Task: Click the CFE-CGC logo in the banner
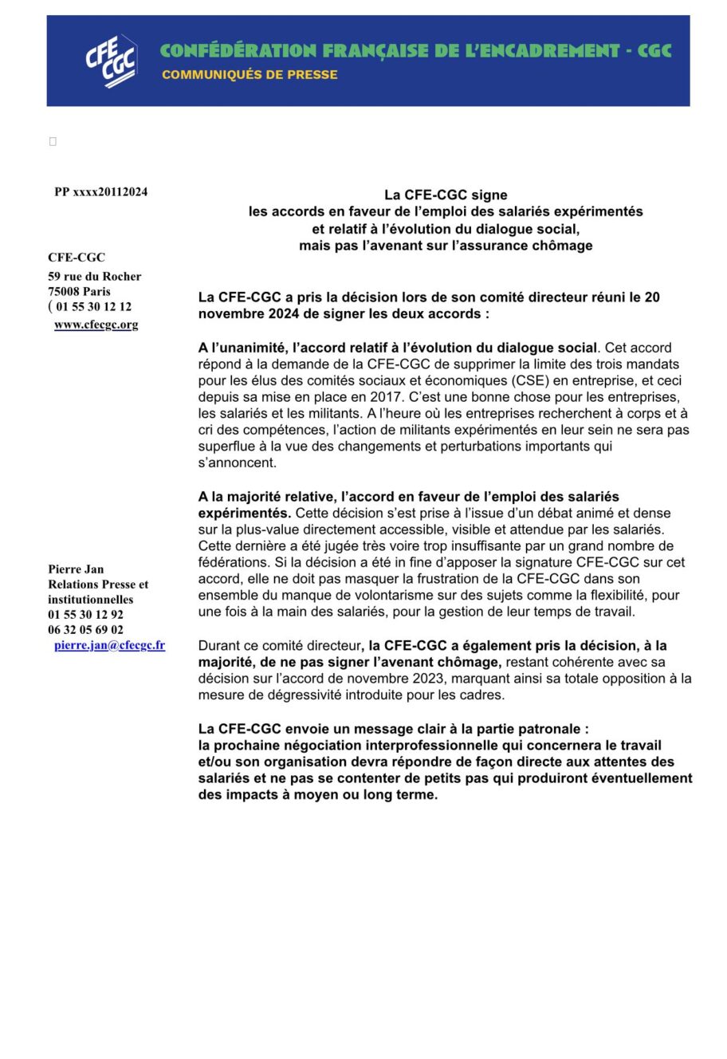(112, 61)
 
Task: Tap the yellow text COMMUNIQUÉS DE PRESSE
(250, 75)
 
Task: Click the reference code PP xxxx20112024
(100, 192)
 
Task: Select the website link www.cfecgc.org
(96, 325)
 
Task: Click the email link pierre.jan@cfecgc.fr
(110, 645)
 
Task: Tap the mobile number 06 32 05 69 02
(85, 630)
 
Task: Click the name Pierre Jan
(76, 569)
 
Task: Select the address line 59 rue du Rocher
(94, 277)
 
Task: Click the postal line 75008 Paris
(79, 292)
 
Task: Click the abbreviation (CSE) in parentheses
(519, 380)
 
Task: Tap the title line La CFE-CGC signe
(446, 195)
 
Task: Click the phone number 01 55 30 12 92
(85, 615)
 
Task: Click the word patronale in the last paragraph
(548, 729)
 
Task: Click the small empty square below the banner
(53, 142)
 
